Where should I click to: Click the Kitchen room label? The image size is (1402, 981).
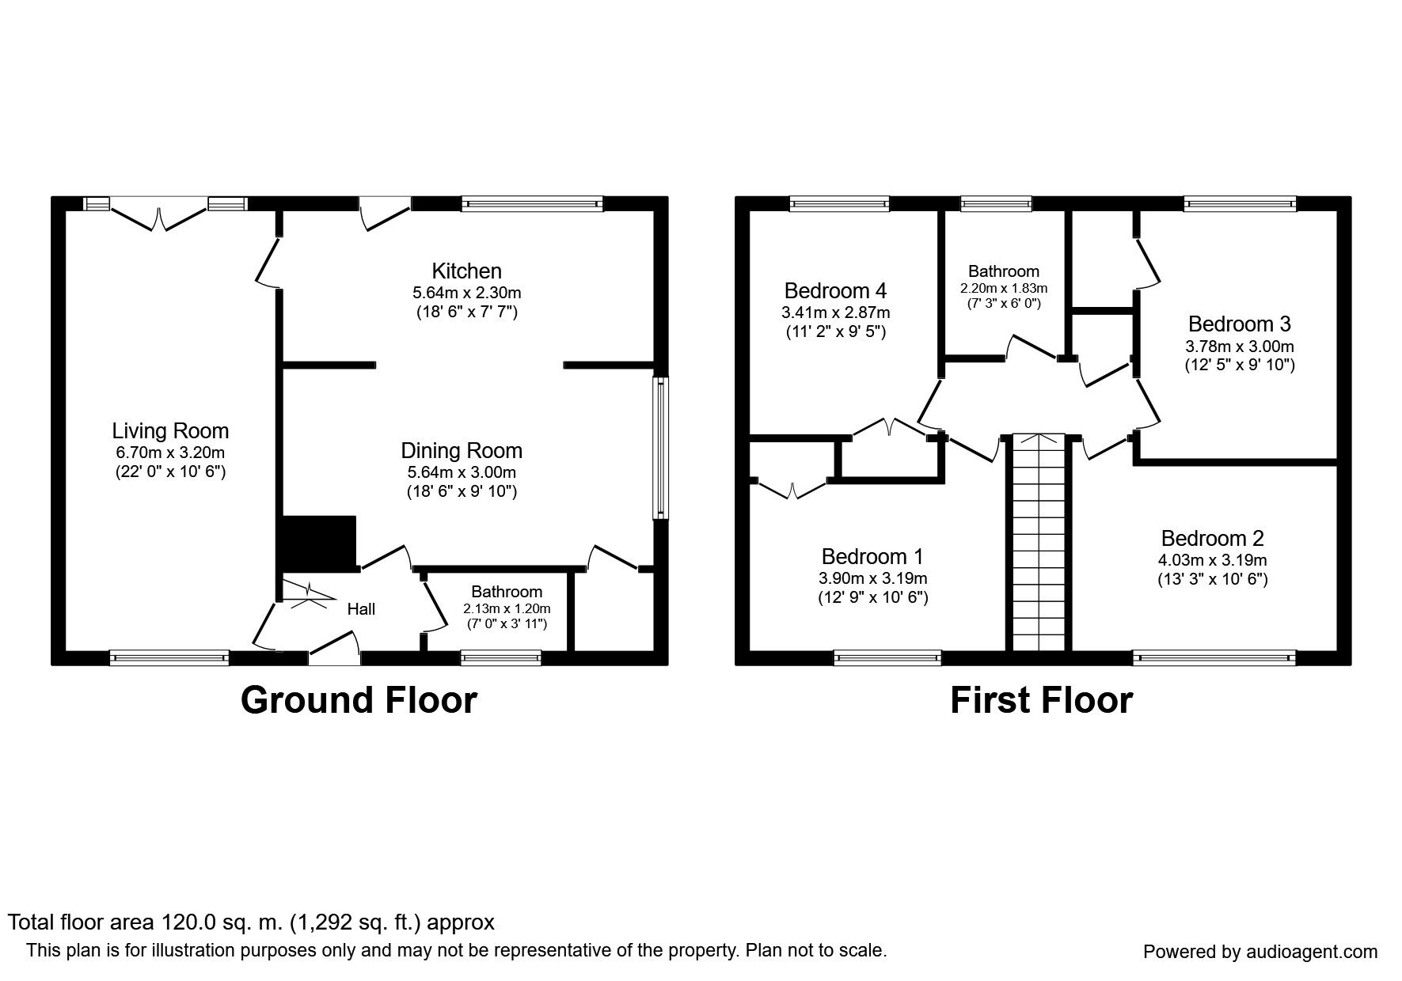coord(466,271)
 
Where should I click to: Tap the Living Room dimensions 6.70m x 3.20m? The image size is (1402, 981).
coord(169,453)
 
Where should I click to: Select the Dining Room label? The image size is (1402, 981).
coord(462,451)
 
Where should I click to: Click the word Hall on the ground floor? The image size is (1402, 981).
coord(361,609)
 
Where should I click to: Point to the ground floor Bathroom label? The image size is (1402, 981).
coord(507,592)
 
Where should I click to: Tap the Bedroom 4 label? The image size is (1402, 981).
coord(835,290)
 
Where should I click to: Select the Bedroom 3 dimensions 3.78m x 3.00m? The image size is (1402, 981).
coord(1239,347)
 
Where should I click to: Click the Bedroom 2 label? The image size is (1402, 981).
coord(1212,539)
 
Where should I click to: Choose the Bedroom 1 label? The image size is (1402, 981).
coord(872,556)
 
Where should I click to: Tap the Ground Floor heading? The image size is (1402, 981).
coord(359,700)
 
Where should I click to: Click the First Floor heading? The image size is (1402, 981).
coord(1041,700)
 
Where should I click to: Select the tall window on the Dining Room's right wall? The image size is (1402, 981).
coord(659,448)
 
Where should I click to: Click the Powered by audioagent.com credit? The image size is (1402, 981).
coord(1260,952)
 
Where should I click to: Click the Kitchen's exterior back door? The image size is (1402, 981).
coord(386,212)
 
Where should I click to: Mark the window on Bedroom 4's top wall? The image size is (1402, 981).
coord(839,204)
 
